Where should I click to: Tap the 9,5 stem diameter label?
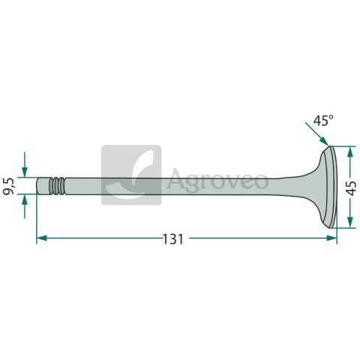pyautogui.click(x=10, y=184)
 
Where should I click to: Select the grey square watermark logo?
pyautogui.click(x=131, y=175)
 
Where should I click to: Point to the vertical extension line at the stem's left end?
pyautogui.click(x=36, y=217)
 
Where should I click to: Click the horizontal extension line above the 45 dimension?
pyautogui.click(x=342, y=145)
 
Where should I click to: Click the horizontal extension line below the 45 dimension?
pyautogui.click(x=342, y=226)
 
